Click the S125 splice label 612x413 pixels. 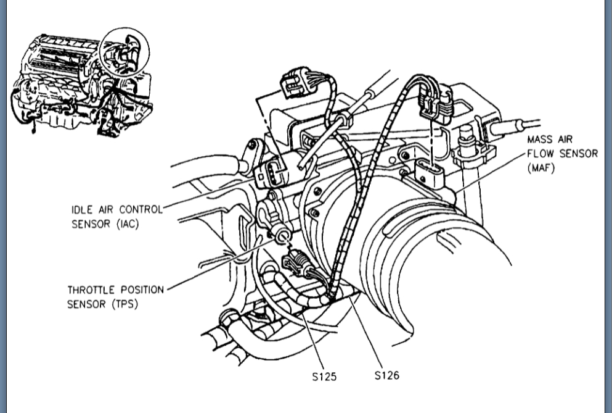(324, 375)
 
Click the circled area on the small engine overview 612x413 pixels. (126, 52)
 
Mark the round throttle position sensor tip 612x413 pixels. (283, 235)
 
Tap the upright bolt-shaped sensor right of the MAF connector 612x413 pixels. (467, 139)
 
